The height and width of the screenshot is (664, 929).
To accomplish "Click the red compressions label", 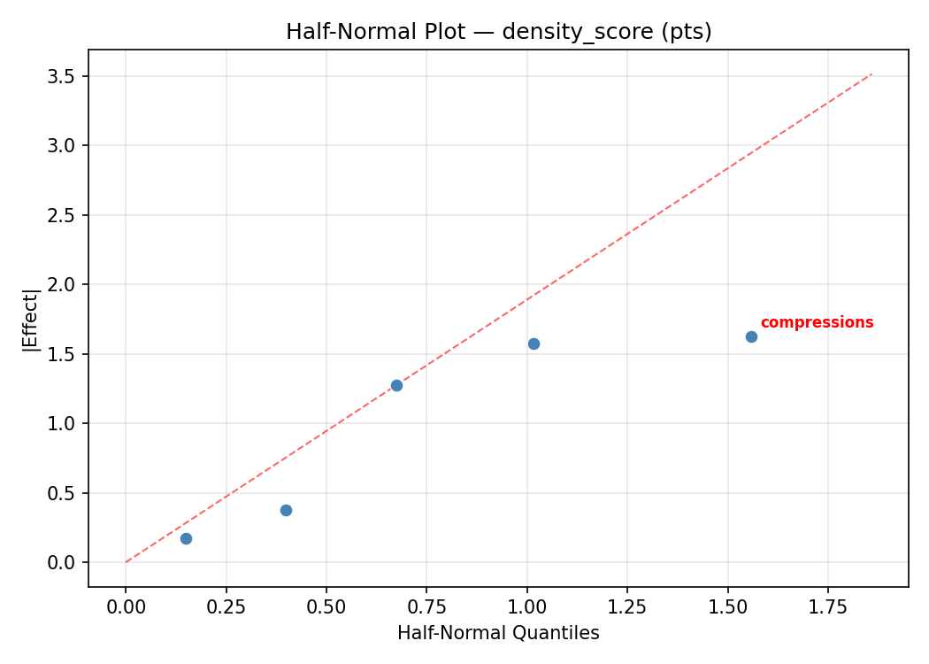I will tap(817, 323).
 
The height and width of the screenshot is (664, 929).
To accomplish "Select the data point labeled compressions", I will tap(751, 336).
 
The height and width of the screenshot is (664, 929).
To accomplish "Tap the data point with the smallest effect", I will tap(186, 538).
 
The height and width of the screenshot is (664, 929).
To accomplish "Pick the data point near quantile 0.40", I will tap(286, 510).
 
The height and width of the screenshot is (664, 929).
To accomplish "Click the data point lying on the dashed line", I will tap(396, 385).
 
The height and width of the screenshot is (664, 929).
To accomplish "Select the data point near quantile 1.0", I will tap(534, 344).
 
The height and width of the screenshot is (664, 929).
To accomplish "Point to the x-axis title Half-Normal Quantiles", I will tap(498, 634).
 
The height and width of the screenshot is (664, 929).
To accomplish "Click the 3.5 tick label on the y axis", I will tap(62, 76).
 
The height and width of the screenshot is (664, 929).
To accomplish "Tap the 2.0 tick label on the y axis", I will tap(62, 285).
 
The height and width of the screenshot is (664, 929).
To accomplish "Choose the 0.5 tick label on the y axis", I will tap(62, 493).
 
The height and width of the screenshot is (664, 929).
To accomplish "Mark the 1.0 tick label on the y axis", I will tap(62, 424).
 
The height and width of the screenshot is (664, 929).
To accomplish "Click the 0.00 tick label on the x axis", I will tap(126, 607).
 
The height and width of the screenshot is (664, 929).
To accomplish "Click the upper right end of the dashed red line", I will tap(871, 74).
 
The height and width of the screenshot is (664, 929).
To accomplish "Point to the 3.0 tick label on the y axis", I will tap(62, 145).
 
